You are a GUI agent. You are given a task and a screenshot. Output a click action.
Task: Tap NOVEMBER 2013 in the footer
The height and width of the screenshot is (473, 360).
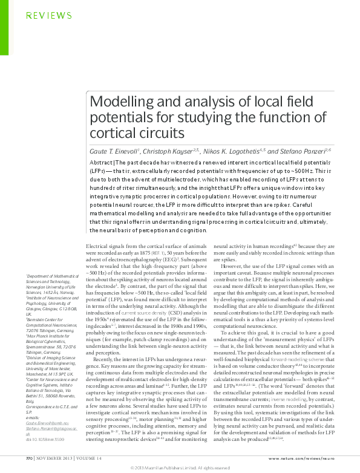click(x=54, y=457)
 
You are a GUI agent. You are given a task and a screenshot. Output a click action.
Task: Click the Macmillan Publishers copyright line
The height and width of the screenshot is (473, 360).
click(x=180, y=468)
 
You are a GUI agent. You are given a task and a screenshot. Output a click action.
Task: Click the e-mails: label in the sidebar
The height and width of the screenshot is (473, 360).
click(x=33, y=411)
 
